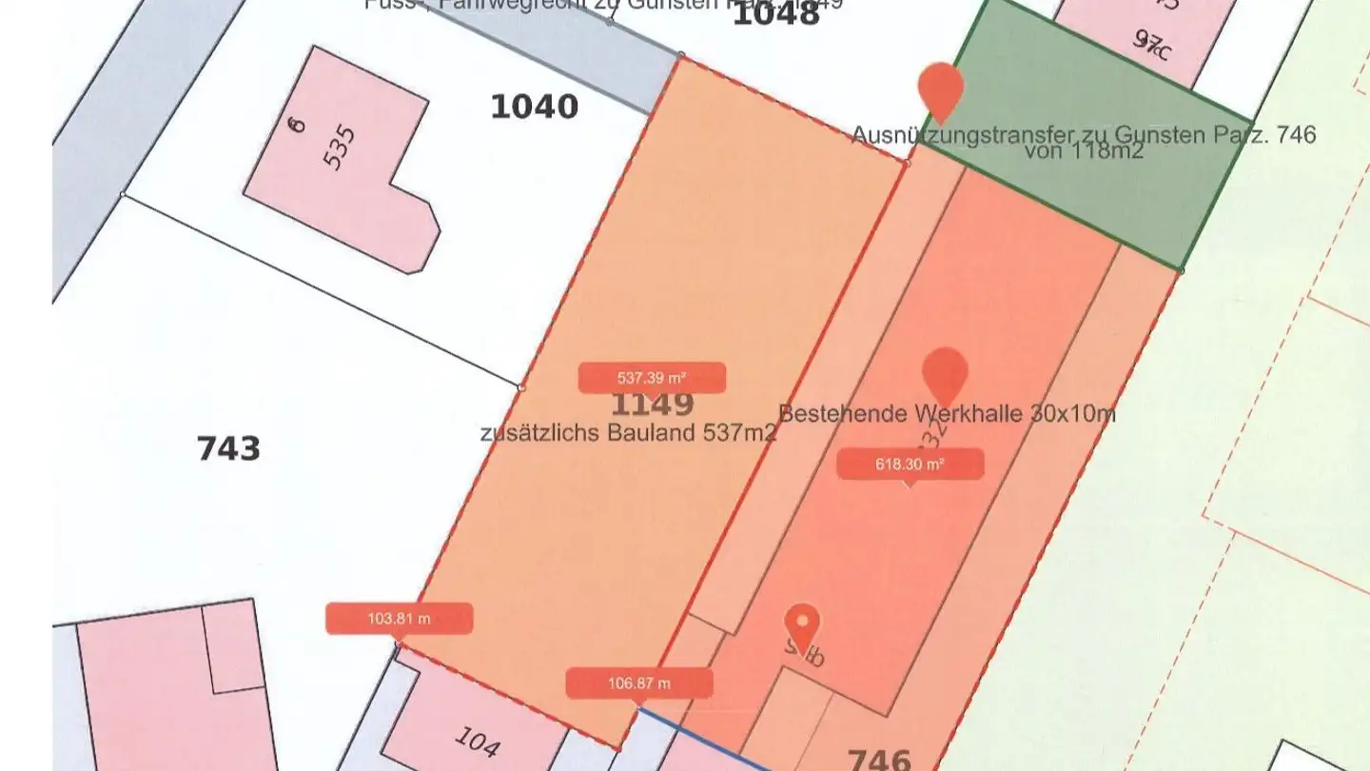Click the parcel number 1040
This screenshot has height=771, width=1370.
[534, 107]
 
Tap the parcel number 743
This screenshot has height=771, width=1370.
[228, 448]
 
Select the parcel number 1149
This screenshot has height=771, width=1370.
[652, 405]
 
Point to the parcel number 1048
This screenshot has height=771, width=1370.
[775, 14]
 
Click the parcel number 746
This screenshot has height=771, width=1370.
[878, 760]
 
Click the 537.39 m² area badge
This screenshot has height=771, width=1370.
[652, 378]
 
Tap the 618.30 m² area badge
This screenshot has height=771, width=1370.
[910, 465]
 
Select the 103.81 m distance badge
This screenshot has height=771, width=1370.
[399, 619]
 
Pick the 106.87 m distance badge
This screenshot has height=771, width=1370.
[638, 683]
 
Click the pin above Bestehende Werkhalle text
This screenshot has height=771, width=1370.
[945, 373]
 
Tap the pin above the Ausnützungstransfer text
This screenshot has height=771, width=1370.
[941, 89]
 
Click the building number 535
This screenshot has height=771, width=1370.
[340, 148]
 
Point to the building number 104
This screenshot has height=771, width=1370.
[477, 741]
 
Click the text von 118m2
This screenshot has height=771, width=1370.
[1084, 151]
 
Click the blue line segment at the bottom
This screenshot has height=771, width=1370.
[704, 738]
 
